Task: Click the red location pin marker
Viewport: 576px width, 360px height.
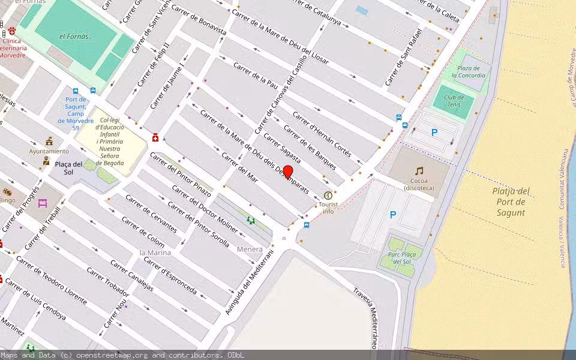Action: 288,172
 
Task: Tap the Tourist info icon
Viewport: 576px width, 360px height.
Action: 328,196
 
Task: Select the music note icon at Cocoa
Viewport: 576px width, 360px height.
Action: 419,171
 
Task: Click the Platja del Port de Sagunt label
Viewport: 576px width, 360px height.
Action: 511,202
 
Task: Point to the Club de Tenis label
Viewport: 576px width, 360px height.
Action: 454,101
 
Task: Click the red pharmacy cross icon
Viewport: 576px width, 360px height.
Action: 155,138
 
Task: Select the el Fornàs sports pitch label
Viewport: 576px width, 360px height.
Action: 76,37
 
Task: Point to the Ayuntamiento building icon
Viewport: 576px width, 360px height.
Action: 49,141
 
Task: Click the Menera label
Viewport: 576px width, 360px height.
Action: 250,249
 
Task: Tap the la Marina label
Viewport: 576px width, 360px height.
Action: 155,253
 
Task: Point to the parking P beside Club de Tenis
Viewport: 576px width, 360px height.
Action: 434,133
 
